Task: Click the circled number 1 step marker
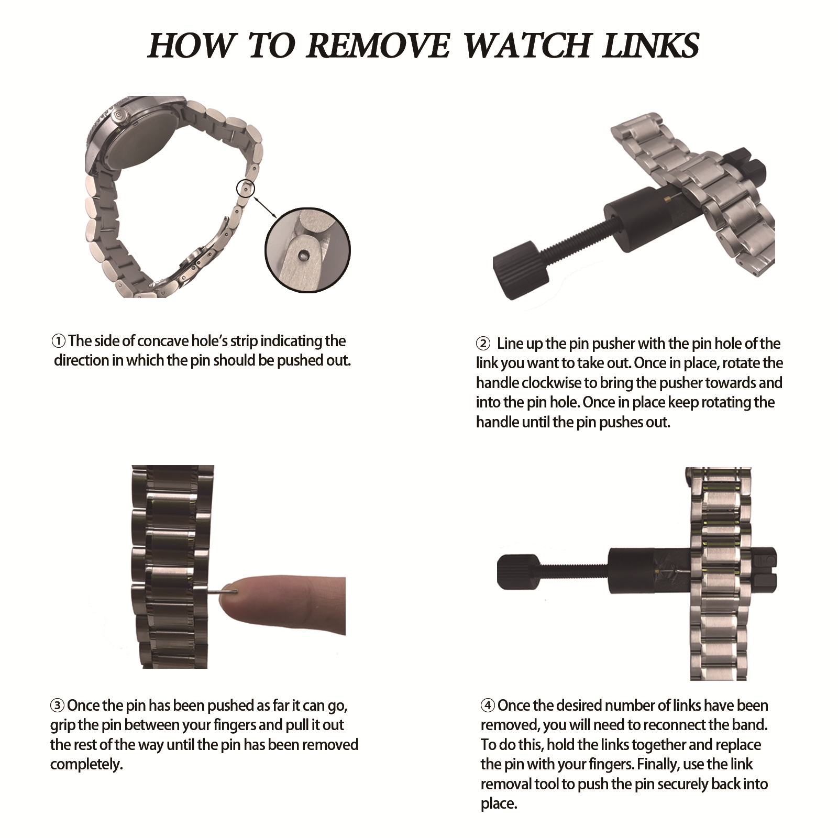click(59, 341)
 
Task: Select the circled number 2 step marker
click(482, 344)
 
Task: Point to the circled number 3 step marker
click(57, 705)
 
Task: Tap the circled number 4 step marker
click(488, 706)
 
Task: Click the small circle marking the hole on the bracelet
click(246, 187)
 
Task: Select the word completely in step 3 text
click(86, 765)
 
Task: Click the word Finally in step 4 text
click(659, 765)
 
